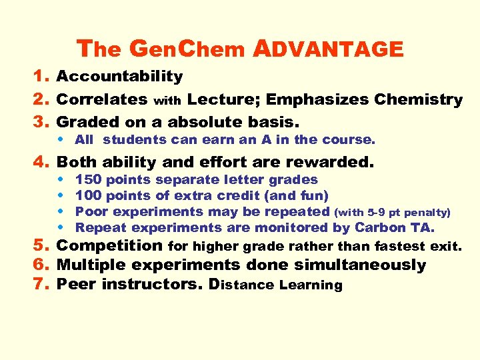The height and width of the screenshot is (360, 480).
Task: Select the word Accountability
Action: coord(120,77)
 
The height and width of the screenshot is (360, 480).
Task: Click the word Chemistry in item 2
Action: coord(418,100)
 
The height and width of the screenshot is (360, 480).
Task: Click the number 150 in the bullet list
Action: coord(88,180)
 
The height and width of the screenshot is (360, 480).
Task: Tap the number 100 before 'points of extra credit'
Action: coord(88,196)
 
